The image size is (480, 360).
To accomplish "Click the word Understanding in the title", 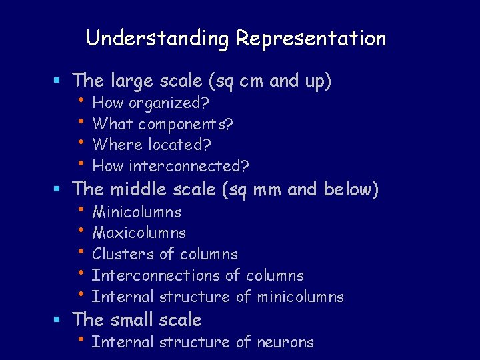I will (x=158, y=39).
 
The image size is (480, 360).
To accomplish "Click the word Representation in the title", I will (x=311, y=39).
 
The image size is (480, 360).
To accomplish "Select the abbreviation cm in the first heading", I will (x=251, y=81).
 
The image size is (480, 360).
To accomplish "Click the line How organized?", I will (x=151, y=103).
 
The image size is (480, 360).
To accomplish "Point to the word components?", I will (x=185, y=124).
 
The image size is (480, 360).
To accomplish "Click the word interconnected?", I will (x=189, y=165).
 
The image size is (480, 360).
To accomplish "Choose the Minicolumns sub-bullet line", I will (x=137, y=213).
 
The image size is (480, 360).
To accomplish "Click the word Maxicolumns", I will (x=139, y=233).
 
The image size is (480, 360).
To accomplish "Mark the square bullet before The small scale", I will (x=58, y=321).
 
